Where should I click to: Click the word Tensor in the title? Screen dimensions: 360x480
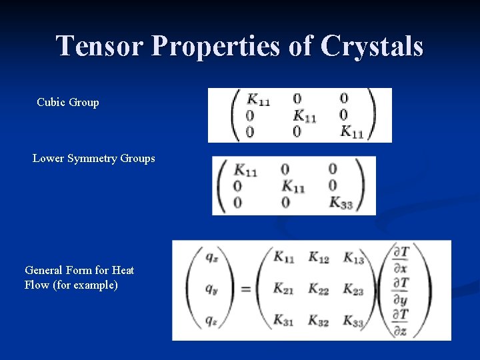pos(100,47)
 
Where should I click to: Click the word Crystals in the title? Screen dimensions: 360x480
pos(371,47)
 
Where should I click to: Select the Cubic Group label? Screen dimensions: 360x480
pos(68,103)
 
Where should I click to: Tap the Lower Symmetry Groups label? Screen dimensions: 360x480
pos(94,159)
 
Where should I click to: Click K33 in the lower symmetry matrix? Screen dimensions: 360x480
pos(341,202)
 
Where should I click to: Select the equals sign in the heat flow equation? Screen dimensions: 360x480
pos(245,289)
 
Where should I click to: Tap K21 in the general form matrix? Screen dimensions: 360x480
pos(284,289)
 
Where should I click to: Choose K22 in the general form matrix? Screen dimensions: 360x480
pos(318,289)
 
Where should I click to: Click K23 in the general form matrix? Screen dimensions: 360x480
pos(353,289)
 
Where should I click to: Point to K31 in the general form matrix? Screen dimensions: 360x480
pos(284,320)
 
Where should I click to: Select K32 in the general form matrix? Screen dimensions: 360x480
pos(318,320)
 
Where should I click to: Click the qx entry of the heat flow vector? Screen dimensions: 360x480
pos(210,256)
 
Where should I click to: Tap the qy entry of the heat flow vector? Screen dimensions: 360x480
pos(210,289)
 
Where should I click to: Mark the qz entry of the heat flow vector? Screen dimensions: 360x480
pos(210,320)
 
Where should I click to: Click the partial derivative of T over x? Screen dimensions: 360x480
pos(401,259)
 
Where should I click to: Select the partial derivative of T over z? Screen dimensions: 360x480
pos(401,323)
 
